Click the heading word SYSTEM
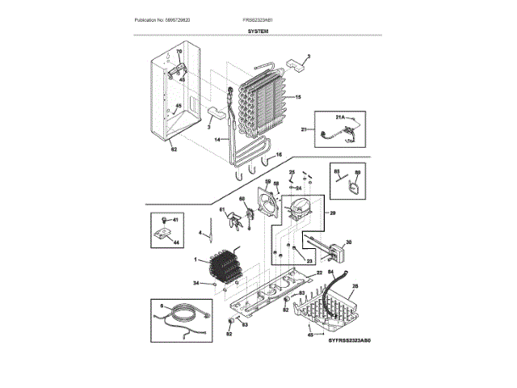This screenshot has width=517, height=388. (258, 29)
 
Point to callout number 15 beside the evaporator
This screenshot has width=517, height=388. (297, 97)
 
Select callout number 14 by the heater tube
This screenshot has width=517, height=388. (217, 140)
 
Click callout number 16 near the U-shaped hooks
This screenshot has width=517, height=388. (279, 154)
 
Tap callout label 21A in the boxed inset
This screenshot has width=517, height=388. (340, 118)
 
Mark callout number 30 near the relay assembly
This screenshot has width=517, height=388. (348, 242)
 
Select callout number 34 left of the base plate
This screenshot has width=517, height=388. (195, 283)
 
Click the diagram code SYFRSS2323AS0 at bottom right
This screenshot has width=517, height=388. (352, 342)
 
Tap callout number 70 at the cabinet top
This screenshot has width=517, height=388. (179, 52)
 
